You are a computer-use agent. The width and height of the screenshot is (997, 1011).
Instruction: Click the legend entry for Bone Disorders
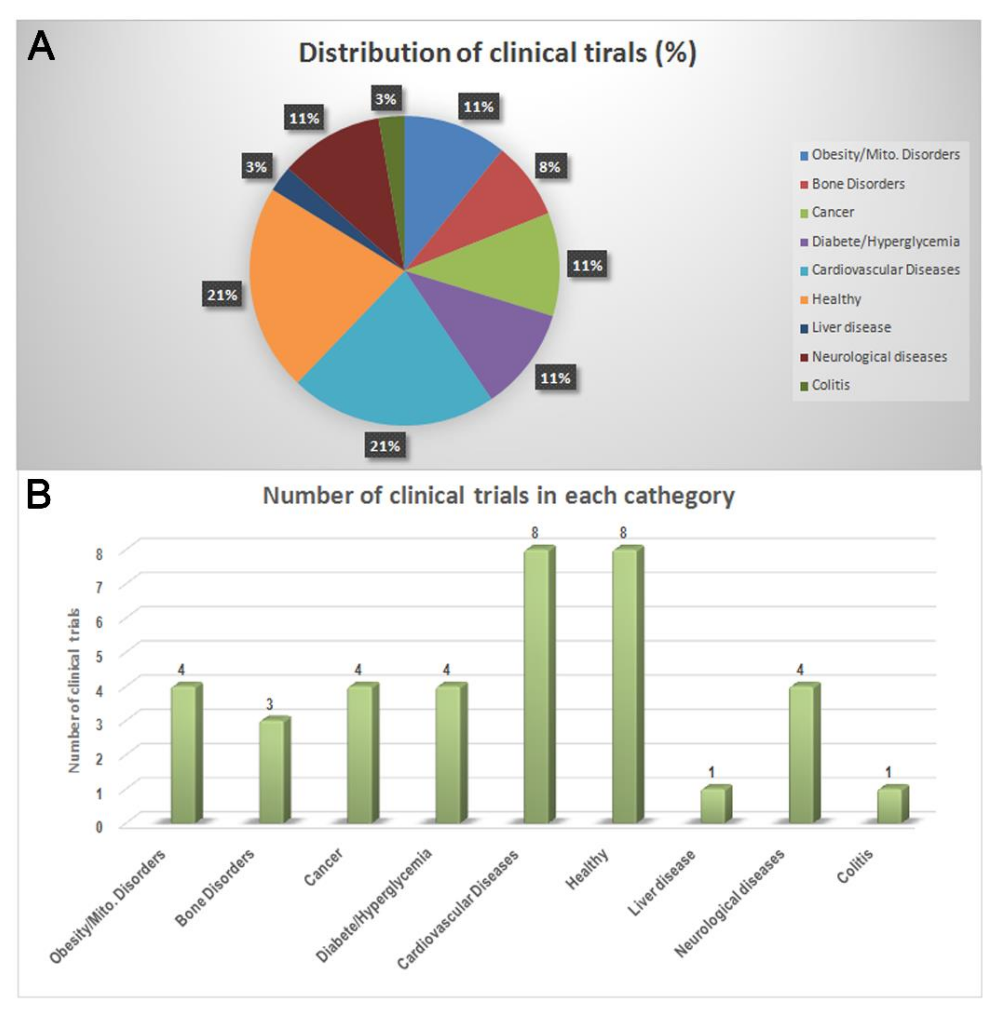pyautogui.click(x=857, y=184)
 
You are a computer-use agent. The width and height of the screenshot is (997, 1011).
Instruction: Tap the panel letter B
pyautogui.click(x=38, y=495)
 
